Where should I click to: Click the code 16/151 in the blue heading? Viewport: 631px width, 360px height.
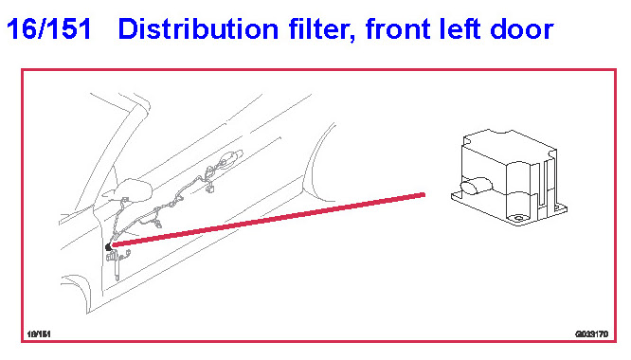(x=48, y=29)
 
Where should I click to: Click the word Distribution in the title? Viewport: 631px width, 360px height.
(x=198, y=29)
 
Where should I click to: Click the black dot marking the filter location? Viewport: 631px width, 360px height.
(x=108, y=247)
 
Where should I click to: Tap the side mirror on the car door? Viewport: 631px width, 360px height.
(x=128, y=189)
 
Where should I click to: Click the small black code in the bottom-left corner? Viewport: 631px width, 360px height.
(x=39, y=333)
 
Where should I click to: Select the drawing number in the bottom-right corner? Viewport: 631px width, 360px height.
(x=591, y=333)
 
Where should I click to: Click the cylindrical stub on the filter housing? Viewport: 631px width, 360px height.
(x=475, y=186)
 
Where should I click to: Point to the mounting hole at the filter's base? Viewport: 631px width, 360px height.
(x=518, y=219)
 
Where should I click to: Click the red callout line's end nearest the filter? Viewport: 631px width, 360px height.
(x=424, y=195)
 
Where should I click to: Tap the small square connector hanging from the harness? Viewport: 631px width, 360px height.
(x=209, y=189)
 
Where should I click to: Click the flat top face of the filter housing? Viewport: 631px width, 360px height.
(x=508, y=146)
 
